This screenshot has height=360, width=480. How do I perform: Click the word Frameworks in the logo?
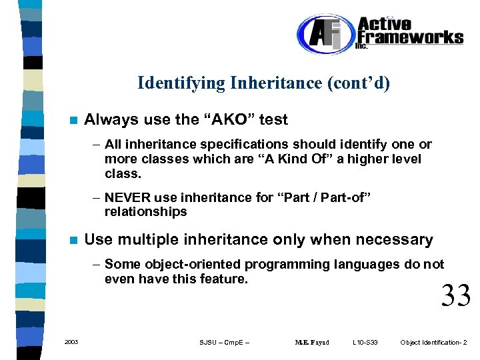pos(410,37)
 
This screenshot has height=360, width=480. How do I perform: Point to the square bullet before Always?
pos(74,121)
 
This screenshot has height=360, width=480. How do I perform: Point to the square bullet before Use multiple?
pos(74,240)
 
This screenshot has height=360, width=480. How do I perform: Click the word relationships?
pos(145,212)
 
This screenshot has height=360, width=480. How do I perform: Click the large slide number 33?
pos(456,295)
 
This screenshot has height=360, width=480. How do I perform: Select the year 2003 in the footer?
pos(71,342)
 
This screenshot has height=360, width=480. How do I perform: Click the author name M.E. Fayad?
pos(311,343)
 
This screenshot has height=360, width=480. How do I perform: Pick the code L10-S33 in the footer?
pos(365,343)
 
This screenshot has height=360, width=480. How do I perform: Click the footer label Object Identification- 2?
pos(433,343)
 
